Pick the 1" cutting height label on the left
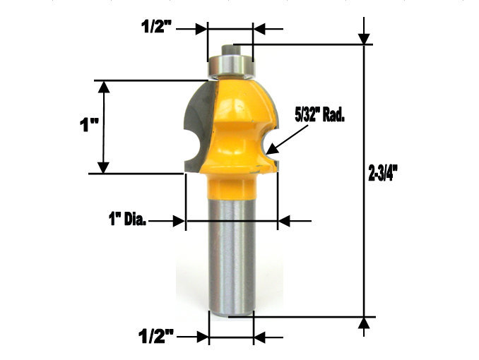[87, 127]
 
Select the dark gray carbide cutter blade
[197, 127]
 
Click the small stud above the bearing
[231, 50]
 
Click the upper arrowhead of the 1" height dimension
[104, 86]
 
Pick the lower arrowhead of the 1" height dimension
[104, 167]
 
